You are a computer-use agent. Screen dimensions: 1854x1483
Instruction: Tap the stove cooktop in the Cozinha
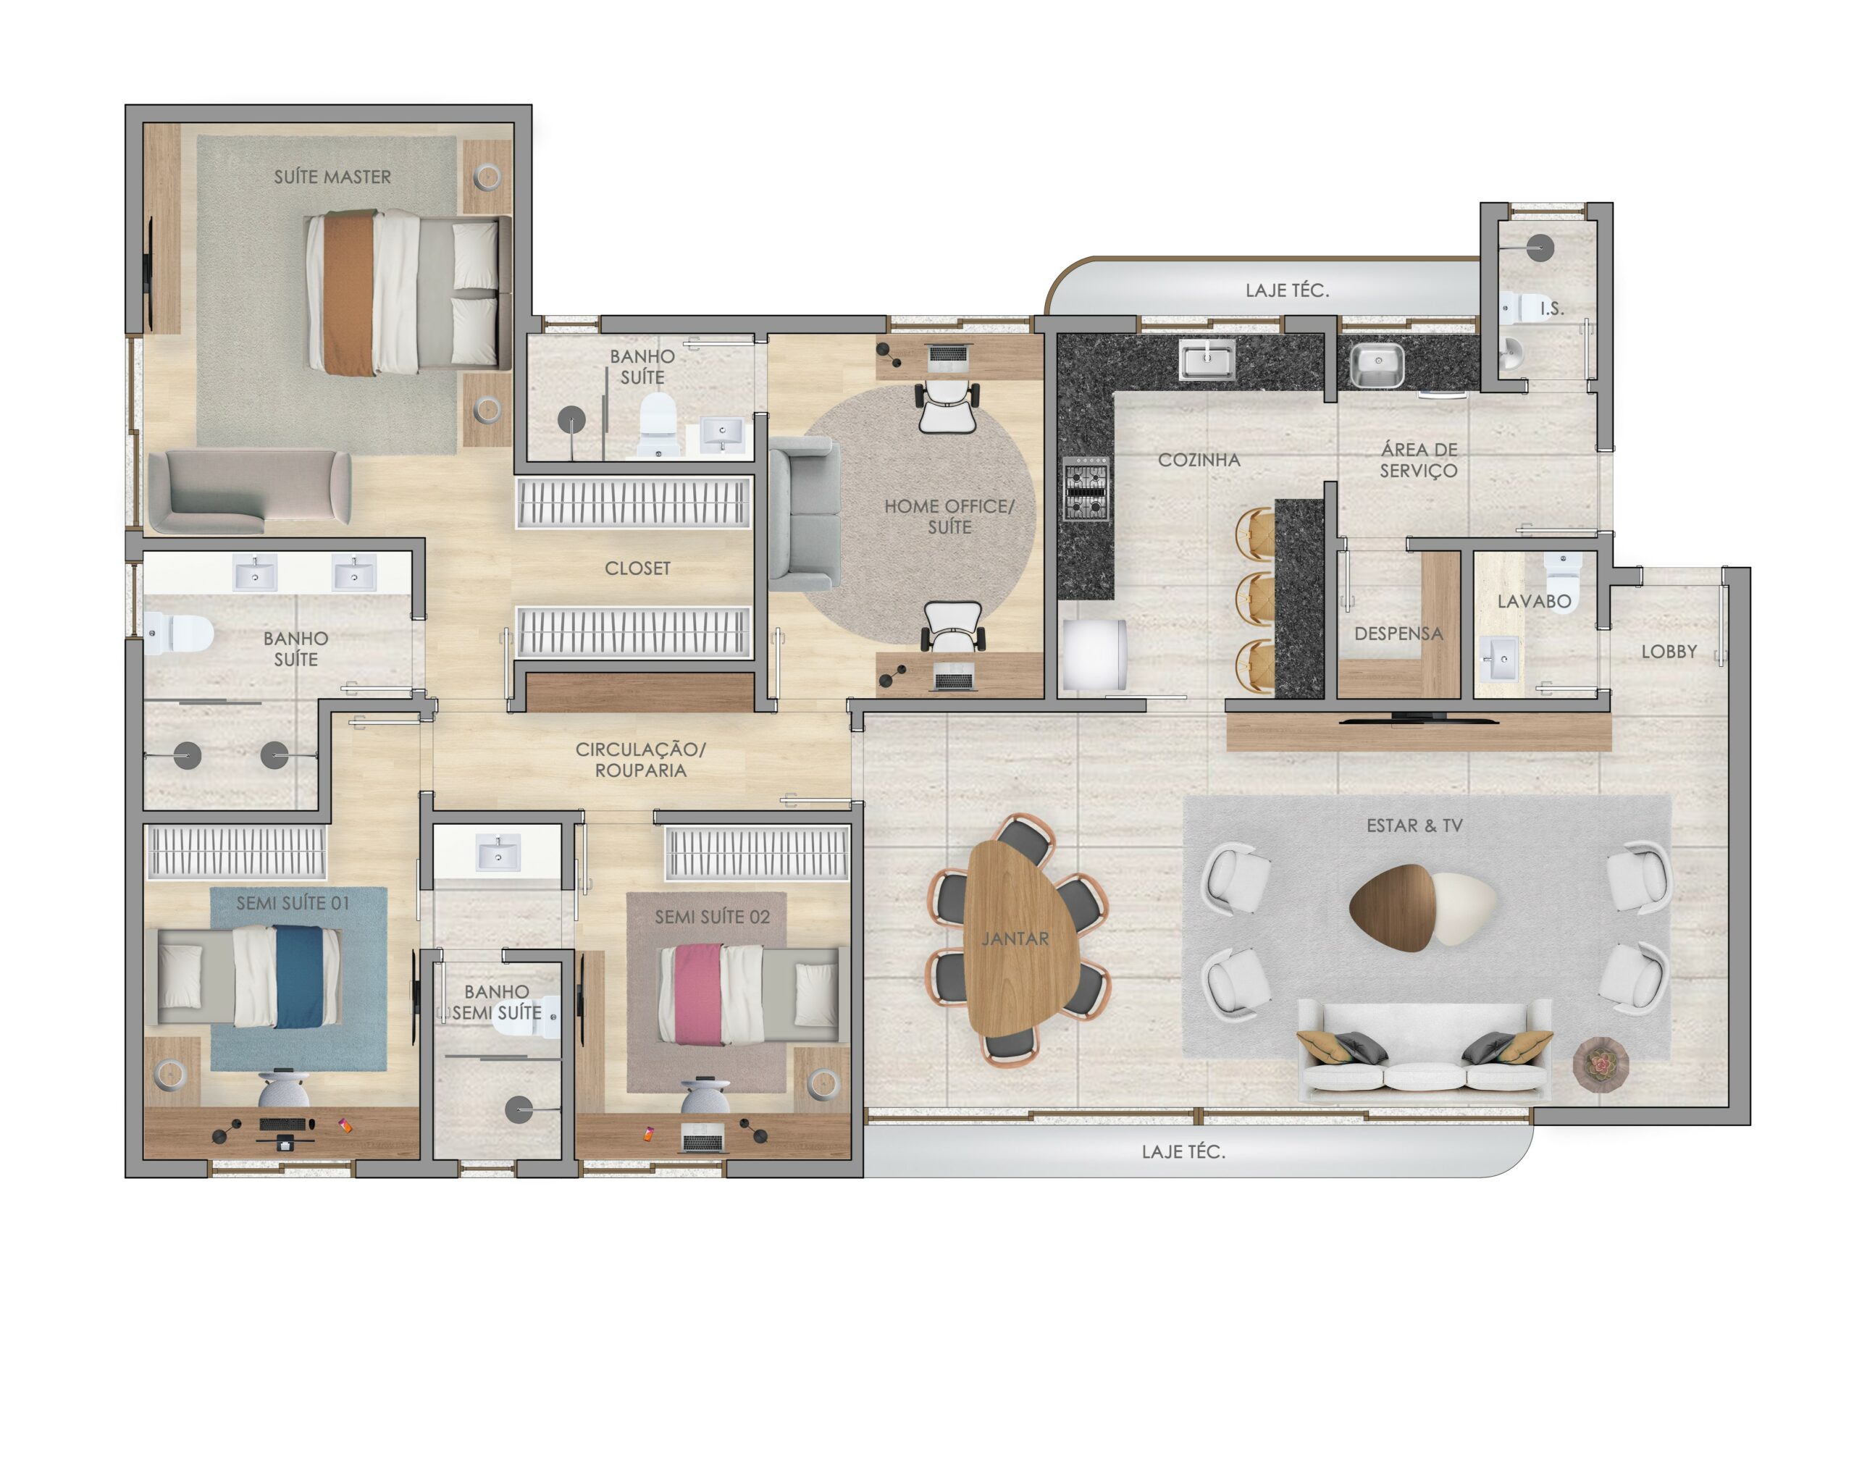coord(1086,488)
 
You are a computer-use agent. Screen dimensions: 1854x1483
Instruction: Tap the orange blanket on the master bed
coord(350,293)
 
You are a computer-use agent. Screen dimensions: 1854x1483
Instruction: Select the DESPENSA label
coord(1398,634)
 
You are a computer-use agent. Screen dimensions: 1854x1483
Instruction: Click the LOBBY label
coord(1669,652)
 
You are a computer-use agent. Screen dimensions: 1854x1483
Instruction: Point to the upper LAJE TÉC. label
coord(1288,290)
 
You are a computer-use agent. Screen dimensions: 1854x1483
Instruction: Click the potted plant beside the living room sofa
coord(1601,1064)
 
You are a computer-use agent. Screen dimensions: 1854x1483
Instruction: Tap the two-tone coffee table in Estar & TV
coord(1422,908)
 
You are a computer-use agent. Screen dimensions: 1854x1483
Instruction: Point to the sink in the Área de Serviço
coord(1377,366)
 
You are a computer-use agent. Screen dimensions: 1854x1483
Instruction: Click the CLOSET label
coord(637,568)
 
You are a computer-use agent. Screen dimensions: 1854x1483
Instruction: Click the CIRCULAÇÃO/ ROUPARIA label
coord(641,760)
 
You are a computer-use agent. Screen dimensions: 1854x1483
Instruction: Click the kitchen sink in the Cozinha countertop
coord(1207,359)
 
